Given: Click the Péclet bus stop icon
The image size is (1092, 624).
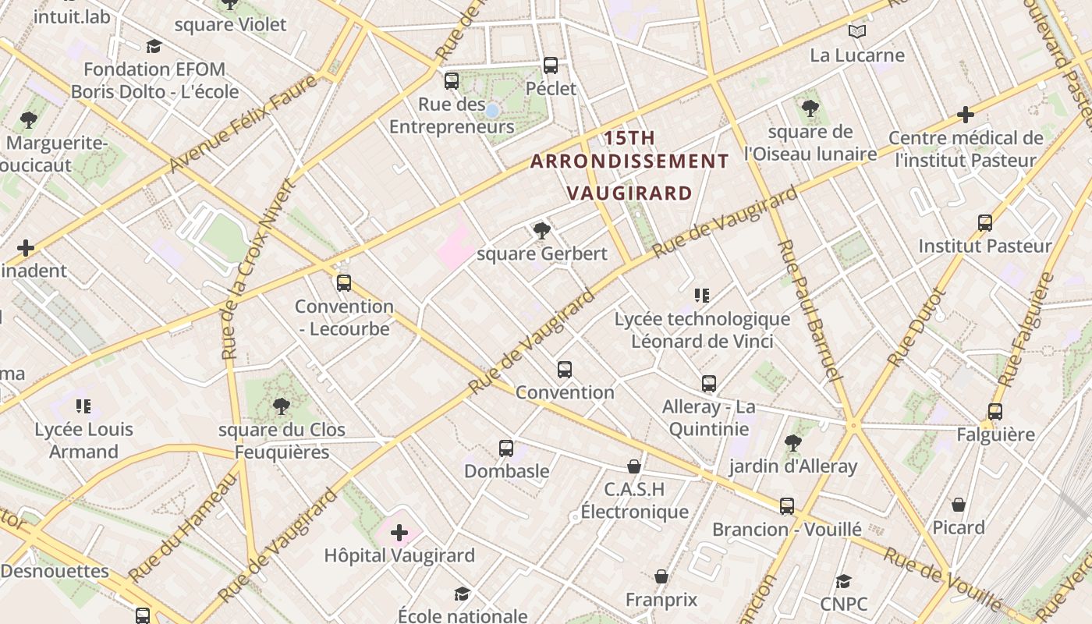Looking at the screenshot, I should point(551,66).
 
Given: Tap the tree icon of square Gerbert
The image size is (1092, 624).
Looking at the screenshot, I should point(541,230).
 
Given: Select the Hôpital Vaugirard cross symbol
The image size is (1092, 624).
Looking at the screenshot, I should point(399,533).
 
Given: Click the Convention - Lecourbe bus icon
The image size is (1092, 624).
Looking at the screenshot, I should point(344,283).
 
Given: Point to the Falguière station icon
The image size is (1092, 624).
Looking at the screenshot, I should point(995,412).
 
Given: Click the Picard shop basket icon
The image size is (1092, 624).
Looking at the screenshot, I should point(959,505).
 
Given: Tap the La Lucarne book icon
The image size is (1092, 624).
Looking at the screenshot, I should point(857,32).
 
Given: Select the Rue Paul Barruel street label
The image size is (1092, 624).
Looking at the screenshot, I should point(810,310).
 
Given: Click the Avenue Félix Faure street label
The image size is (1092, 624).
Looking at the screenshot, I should point(245,122).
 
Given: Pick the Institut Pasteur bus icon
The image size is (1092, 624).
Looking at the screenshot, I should point(985,223).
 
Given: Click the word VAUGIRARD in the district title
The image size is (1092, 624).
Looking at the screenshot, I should point(629,193).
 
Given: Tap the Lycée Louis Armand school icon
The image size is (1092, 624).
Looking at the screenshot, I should point(83,406).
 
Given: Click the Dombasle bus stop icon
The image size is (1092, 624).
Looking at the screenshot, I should point(506,448).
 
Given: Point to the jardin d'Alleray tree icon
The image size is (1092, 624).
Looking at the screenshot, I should point(793,443).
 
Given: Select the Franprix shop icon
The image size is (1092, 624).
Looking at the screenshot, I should point(661,577).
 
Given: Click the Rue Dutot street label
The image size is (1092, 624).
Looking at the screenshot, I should point(917,328).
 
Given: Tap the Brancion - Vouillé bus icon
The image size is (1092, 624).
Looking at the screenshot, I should point(787,506).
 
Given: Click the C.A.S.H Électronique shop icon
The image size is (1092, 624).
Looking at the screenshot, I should point(634,466).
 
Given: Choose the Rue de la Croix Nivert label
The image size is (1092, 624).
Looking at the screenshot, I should point(257,269).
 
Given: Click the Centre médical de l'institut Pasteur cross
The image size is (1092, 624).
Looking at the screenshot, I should point(966,115).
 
